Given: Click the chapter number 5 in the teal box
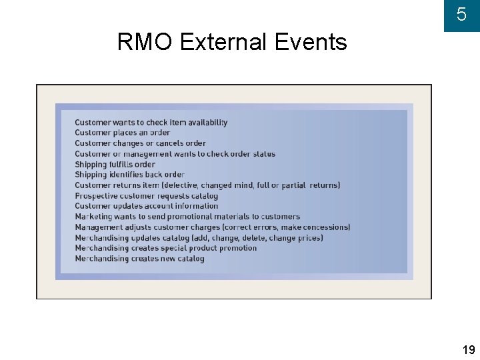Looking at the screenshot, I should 461,15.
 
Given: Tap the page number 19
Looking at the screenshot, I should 468,350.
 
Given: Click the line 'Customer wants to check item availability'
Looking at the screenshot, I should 151,123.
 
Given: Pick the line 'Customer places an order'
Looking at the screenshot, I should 122,133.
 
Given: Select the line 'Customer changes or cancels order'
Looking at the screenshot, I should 140,143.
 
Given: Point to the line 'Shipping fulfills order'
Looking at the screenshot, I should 115,164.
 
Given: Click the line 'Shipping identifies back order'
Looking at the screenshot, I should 129,175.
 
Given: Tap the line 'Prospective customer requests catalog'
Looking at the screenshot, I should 146,196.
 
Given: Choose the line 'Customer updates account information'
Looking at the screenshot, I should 146,206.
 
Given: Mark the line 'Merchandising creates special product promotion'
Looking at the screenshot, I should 165,248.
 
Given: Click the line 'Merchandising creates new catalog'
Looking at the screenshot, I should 139,259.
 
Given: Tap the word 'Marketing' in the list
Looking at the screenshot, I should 94,217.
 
